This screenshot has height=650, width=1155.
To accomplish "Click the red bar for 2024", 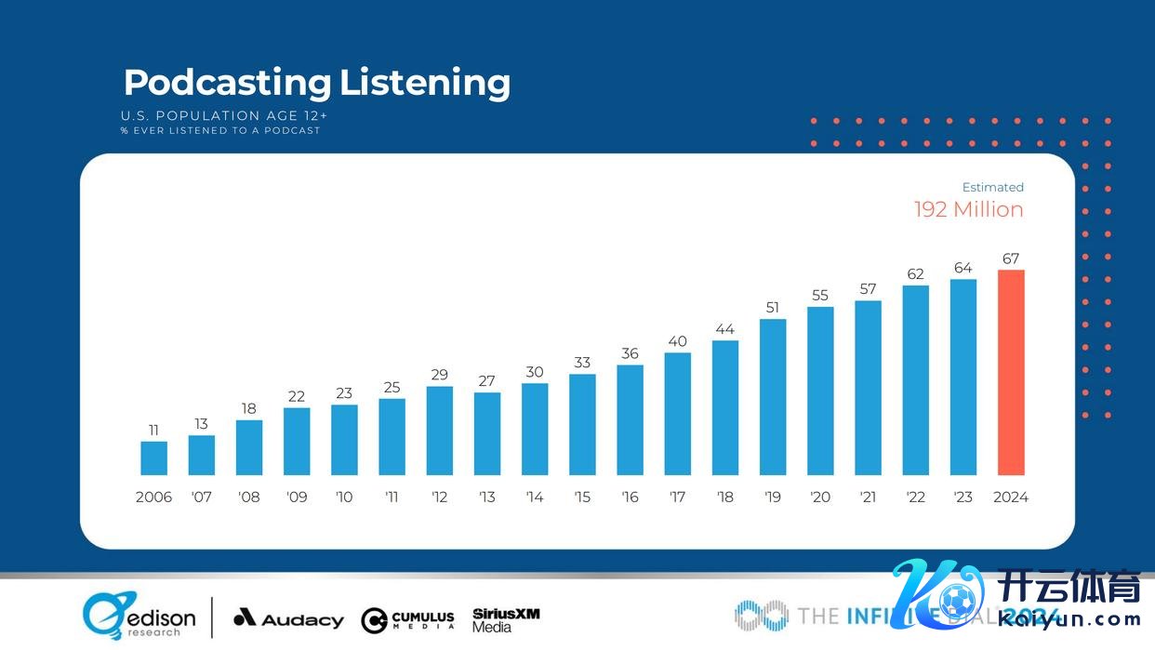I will tap(1011, 373).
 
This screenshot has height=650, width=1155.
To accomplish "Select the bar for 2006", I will tap(154, 458).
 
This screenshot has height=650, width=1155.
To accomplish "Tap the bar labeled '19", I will tap(773, 397).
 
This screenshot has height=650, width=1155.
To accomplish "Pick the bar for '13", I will tap(487, 433).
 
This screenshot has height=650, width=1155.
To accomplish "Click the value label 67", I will tap(1011, 259).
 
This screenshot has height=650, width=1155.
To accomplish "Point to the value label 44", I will tap(725, 329).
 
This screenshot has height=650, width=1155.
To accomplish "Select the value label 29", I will tap(439, 375).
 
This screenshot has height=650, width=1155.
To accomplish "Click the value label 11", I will tap(154, 430).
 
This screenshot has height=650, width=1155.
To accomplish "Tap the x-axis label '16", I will tap(630, 497).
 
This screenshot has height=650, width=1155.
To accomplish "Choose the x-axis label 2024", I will tap(1011, 497).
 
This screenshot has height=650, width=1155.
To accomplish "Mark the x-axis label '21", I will tap(868, 497).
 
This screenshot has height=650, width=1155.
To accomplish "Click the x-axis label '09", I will tap(297, 497).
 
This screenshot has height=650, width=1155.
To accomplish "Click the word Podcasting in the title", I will tap(227, 83).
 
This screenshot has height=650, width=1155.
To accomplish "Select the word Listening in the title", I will tap(424, 83).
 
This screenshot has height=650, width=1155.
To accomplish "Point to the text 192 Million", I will tap(968, 210).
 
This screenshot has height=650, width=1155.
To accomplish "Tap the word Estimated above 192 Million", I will tap(992, 187).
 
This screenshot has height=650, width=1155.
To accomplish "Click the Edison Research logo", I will tap(139, 617).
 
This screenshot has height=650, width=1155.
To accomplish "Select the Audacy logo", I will tap(288, 618).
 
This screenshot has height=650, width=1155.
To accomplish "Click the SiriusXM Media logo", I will tap(506, 619).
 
